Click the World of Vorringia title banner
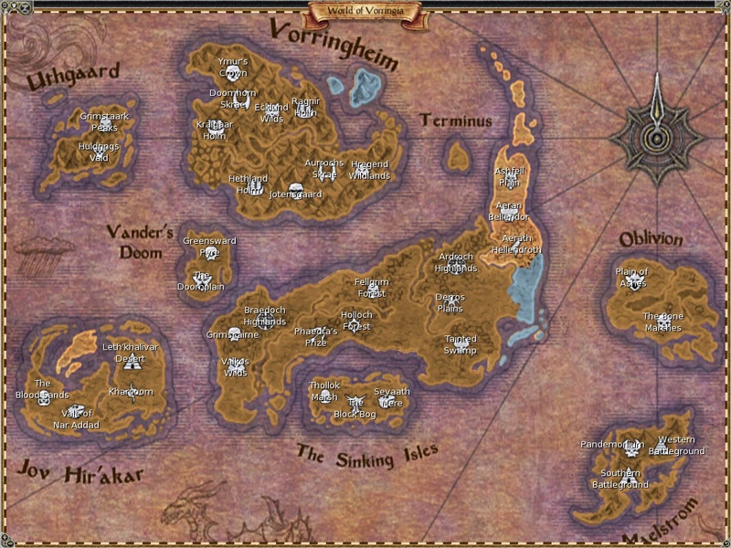coord(365,11)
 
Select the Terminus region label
coord(456,121)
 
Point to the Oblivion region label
coord(651,239)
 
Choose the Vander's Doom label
coord(133,241)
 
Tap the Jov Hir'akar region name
coord(79,472)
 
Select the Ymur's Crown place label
coord(233,67)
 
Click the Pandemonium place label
coord(612,445)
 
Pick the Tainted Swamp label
coord(461,344)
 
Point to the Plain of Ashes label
coord(631,277)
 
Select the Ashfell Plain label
coord(508,176)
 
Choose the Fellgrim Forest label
coord(372,288)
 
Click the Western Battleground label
coord(677,446)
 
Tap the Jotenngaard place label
coord(296,195)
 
